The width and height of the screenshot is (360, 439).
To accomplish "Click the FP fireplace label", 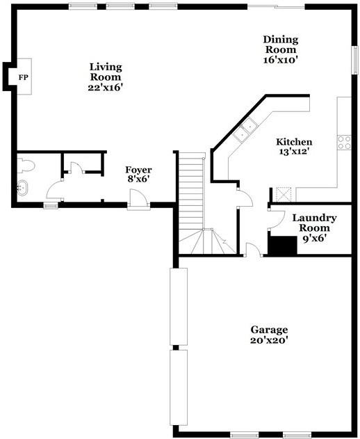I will click(x=23, y=77).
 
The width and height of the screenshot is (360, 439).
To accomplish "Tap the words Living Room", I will click(x=106, y=72).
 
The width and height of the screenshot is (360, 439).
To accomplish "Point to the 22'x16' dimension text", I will click(x=106, y=88).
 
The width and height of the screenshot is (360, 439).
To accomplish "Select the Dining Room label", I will click(x=280, y=45).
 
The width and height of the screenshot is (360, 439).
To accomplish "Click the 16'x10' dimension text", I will click(x=280, y=60).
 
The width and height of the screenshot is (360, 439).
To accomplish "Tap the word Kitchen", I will click(x=294, y=141).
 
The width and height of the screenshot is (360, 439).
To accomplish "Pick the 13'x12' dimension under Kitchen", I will click(x=294, y=151).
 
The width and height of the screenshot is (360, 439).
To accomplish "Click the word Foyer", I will click(x=138, y=170).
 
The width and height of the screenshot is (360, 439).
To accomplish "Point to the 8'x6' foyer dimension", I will click(x=138, y=179).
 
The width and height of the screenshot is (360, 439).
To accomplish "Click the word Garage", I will click(x=270, y=329).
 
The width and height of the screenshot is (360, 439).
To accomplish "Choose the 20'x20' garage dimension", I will click(x=270, y=340).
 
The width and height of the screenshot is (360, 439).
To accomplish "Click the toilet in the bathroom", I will click(x=26, y=166).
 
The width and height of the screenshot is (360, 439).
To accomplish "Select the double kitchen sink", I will click(x=245, y=131).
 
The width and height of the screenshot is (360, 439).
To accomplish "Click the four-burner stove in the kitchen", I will click(x=344, y=143).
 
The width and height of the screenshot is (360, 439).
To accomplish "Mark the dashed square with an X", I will click(x=283, y=194).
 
